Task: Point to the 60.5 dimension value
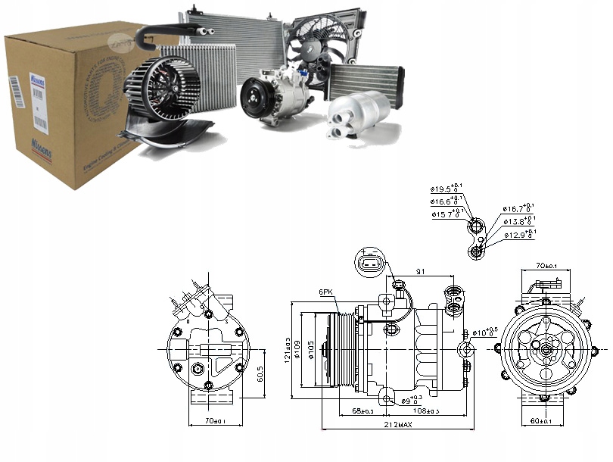tap(260, 373)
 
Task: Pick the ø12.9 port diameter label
tap(519, 236)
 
